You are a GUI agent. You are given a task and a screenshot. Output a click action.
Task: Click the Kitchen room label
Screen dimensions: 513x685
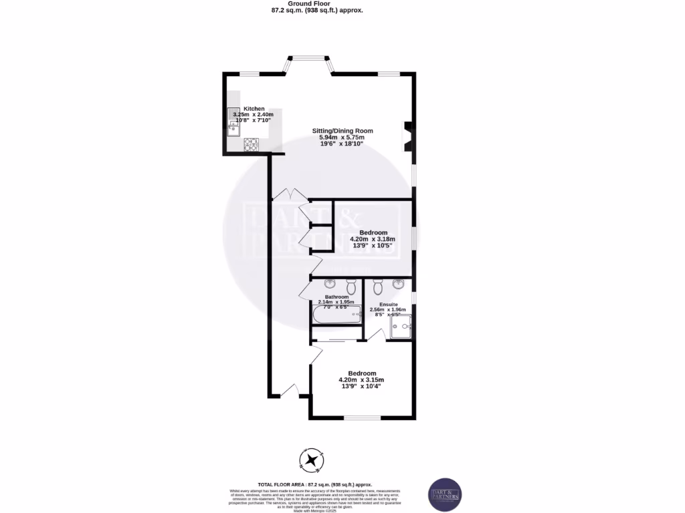tap(254, 108)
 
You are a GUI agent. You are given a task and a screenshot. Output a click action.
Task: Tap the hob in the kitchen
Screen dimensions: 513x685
tap(252, 143)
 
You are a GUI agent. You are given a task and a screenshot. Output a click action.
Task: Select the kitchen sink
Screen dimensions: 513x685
tap(233, 122)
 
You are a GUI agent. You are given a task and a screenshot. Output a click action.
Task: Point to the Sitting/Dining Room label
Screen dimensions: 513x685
tap(342, 131)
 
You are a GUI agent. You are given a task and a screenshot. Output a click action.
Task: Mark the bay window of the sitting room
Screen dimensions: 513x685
tap(309, 63)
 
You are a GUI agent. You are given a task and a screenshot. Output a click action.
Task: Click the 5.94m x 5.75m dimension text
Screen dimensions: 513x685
tap(342, 138)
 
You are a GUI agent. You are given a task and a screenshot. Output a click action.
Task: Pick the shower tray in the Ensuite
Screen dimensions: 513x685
tap(401, 326)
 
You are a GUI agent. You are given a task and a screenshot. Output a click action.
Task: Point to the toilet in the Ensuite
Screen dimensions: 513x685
tap(378, 287)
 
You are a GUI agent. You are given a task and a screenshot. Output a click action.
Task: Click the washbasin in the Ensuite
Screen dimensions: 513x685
tap(399, 283)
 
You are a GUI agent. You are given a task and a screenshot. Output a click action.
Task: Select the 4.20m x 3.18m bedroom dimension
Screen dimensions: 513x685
tap(373, 239)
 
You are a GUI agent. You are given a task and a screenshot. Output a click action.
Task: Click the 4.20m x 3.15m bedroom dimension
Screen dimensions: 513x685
tap(361, 380)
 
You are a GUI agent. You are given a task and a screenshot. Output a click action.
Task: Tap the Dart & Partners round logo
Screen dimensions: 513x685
tap(444, 495)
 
